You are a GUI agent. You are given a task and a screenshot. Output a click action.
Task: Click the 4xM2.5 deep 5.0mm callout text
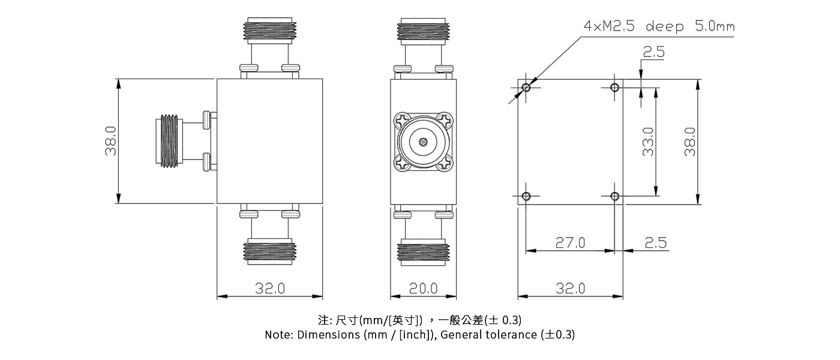click(658, 27)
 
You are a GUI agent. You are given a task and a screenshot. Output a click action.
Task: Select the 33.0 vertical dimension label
click(648, 142)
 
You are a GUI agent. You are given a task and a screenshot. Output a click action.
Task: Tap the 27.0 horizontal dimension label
click(569, 242)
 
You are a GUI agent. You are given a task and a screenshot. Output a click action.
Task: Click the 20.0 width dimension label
click(423, 288)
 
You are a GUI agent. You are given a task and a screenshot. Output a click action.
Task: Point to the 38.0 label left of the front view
click(111, 142)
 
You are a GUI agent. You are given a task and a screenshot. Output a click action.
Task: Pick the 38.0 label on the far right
click(690, 142)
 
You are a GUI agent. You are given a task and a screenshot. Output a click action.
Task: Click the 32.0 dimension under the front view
click(269, 288)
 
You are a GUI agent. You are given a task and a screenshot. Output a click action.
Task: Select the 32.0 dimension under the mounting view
click(570, 288)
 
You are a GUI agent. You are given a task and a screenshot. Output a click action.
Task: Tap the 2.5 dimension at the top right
click(653, 53)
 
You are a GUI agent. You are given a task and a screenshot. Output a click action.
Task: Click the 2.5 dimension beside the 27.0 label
click(655, 242)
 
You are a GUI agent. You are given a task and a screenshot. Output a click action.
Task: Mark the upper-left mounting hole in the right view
click(526, 88)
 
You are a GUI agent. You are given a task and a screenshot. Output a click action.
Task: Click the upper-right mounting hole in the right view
click(614, 88)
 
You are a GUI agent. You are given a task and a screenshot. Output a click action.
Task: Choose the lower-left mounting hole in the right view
click(526, 196)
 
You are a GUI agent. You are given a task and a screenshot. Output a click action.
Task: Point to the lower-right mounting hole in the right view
click(614, 196)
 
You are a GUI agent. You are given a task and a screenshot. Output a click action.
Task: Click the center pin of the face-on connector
click(423, 142)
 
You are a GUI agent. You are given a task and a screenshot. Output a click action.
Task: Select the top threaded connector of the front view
click(269, 30)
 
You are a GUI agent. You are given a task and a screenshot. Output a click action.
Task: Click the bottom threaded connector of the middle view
click(423, 252)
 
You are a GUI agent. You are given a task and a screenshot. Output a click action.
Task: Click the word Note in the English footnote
click(278, 335)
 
